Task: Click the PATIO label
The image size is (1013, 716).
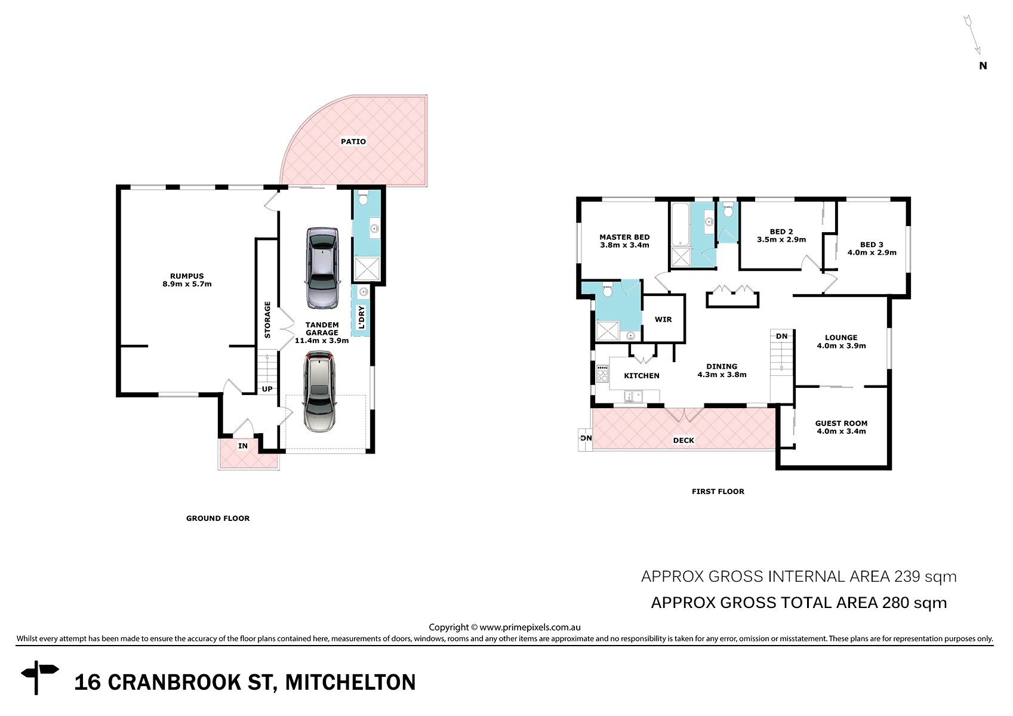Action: (353, 141)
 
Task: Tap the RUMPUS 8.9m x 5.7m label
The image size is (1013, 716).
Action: (187, 280)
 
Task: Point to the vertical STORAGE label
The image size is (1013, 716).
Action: (267, 320)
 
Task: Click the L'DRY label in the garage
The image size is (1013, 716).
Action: (361, 317)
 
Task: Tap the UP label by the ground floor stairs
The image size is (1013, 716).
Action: (267, 389)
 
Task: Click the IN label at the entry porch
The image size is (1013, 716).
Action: (243, 446)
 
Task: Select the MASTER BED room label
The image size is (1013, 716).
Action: (624, 237)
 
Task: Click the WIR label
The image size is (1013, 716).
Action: (663, 319)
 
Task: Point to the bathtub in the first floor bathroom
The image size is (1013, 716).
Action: (681, 224)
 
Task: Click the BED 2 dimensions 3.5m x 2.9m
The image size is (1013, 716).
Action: (781, 240)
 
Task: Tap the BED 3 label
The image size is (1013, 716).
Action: (872, 245)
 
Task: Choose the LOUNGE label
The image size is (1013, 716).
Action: (841, 338)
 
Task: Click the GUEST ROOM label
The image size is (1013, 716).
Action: (841, 423)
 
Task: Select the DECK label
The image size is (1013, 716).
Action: (683, 440)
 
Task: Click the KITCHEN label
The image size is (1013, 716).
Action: (642, 375)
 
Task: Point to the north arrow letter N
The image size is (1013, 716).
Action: (983, 66)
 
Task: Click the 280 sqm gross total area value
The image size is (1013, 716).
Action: (914, 603)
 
